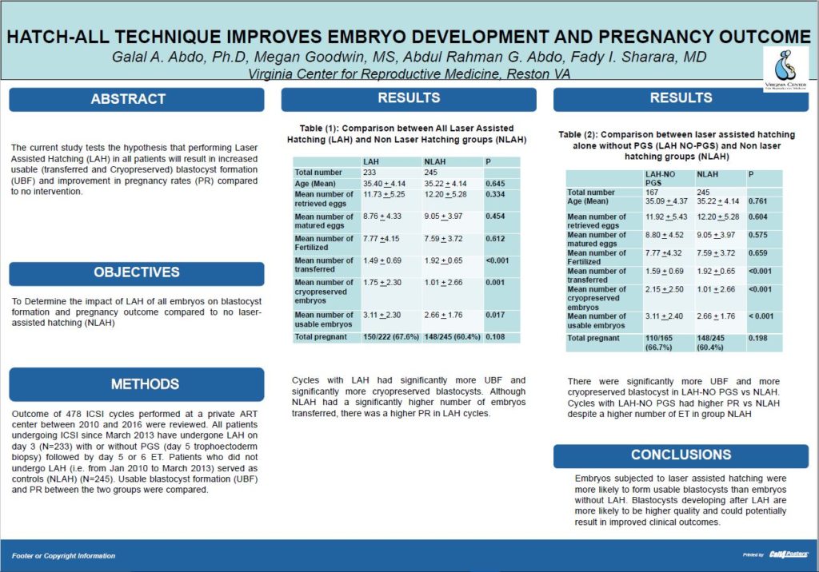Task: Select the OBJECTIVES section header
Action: (x=136, y=272)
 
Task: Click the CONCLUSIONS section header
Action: (x=680, y=455)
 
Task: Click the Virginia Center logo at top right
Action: (x=785, y=68)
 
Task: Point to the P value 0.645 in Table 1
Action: (x=495, y=184)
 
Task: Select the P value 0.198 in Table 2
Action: (x=757, y=338)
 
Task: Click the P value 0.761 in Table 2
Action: (x=757, y=202)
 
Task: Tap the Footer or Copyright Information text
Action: (x=64, y=555)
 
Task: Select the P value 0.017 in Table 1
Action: (x=495, y=315)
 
